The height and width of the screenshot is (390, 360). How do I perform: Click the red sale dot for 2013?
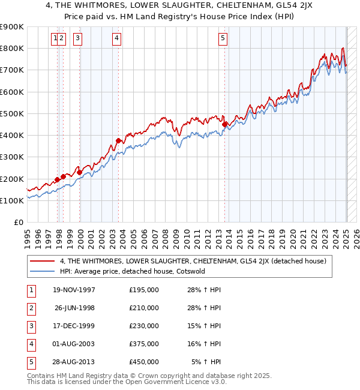(225, 125)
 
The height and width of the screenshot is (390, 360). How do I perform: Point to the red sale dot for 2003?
(119, 141)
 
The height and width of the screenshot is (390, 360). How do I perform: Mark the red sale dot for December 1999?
(80, 172)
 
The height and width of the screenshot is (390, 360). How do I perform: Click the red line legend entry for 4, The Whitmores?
(193, 261)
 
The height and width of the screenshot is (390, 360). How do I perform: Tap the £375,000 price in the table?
(144, 344)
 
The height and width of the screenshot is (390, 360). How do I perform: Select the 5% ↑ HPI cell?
(206, 362)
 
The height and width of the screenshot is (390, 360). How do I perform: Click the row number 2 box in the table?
(31, 308)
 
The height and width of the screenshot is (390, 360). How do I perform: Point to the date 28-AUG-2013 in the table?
(74, 362)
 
